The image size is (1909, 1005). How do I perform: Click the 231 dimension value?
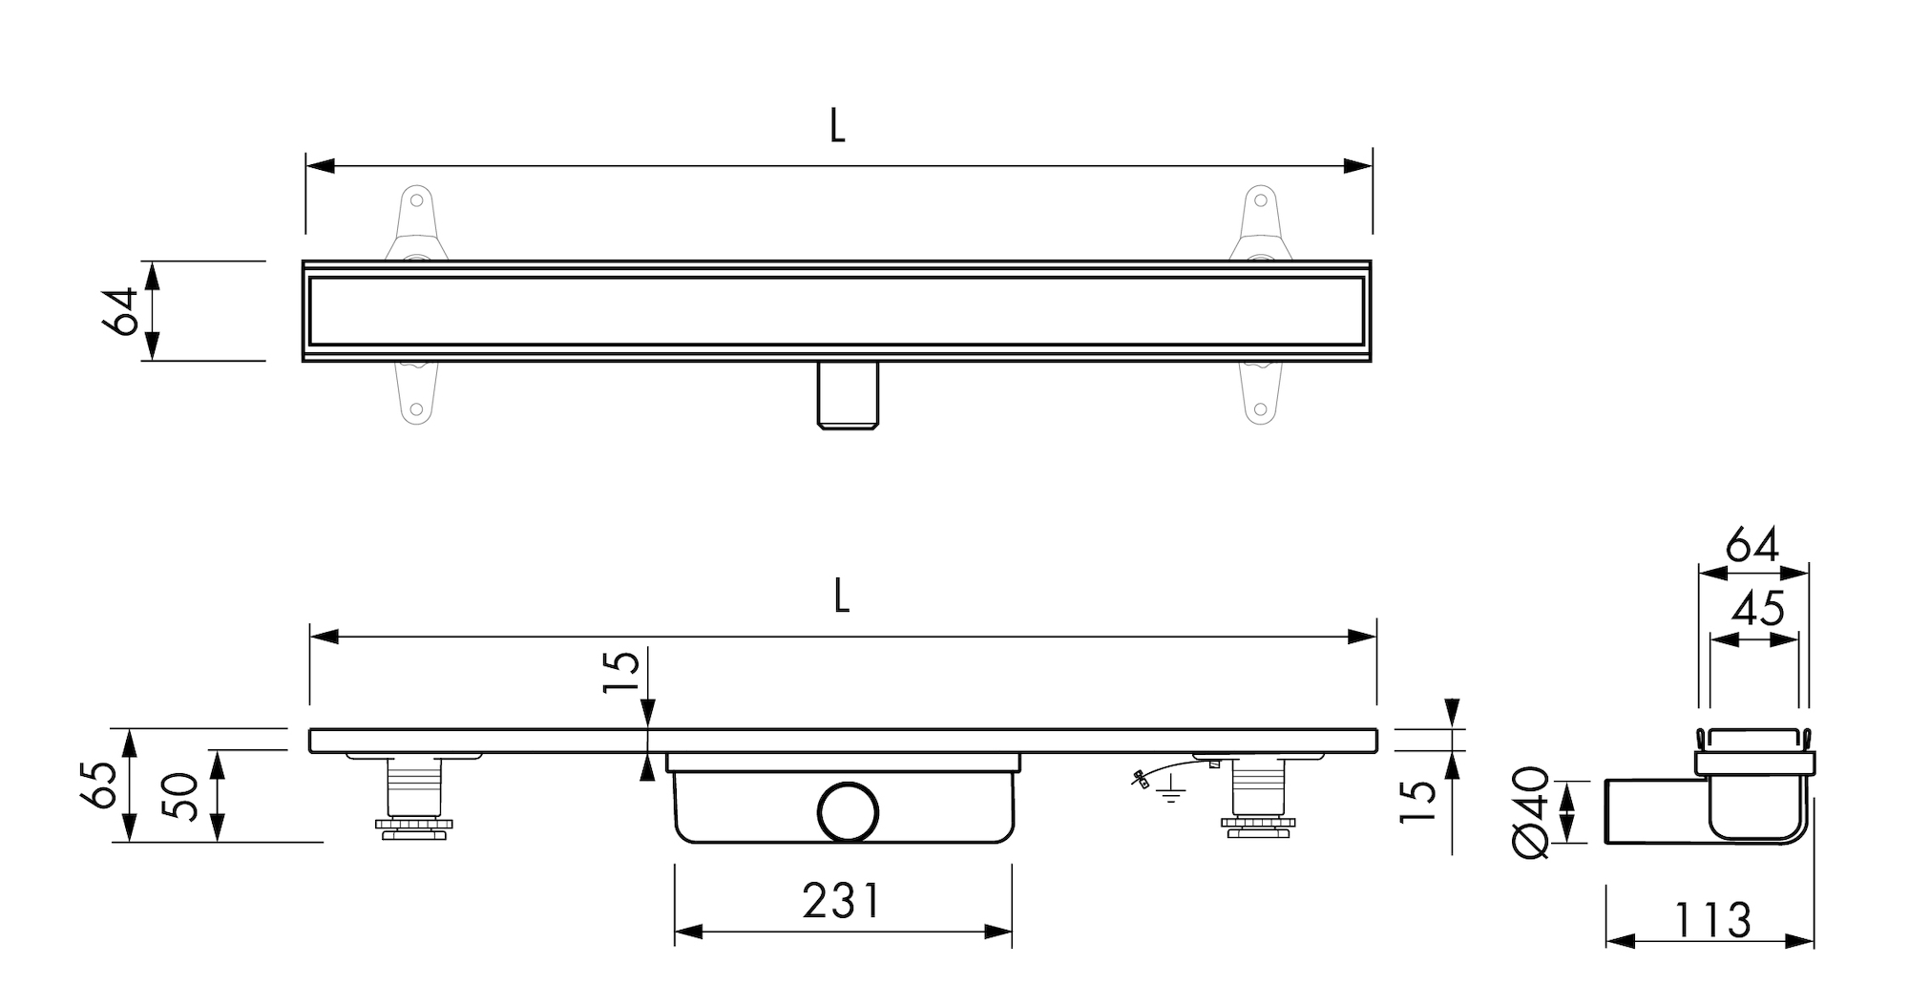(841, 900)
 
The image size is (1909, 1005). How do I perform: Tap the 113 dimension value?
(1711, 921)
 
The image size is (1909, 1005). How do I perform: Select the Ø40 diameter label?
(1530, 811)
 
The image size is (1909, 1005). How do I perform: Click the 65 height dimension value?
(102, 785)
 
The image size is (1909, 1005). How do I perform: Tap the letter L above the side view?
(841, 596)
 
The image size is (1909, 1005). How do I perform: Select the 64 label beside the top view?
(120, 310)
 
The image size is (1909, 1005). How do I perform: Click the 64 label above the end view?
(1752, 546)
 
